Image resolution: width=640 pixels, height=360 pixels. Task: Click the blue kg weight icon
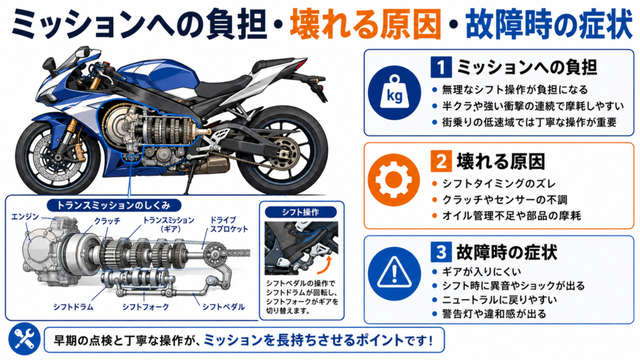(x=394, y=92)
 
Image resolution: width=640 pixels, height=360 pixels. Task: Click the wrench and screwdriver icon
(x=24, y=339)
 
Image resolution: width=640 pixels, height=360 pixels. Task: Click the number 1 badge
(x=441, y=67)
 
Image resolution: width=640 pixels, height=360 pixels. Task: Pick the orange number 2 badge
(x=441, y=161)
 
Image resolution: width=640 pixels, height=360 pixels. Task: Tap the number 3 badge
(x=441, y=252)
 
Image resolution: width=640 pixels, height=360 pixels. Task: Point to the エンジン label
(x=25, y=216)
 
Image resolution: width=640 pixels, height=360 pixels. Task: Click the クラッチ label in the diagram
(x=107, y=221)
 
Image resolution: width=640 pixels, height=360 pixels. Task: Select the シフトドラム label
(x=73, y=306)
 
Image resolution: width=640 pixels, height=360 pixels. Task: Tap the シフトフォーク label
(x=145, y=306)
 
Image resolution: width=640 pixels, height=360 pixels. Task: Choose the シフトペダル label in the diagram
(x=223, y=306)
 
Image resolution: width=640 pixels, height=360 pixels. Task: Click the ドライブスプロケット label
(x=229, y=224)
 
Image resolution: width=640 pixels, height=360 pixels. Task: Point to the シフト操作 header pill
(x=301, y=212)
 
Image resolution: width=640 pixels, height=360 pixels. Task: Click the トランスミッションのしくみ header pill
(x=114, y=205)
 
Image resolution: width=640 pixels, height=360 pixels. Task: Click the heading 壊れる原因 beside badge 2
(x=501, y=161)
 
